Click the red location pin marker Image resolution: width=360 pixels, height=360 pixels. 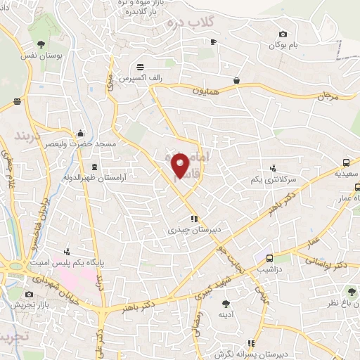point(181,165)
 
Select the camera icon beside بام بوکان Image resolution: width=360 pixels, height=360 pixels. point(283,34)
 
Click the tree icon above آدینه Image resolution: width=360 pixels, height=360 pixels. point(226,304)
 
